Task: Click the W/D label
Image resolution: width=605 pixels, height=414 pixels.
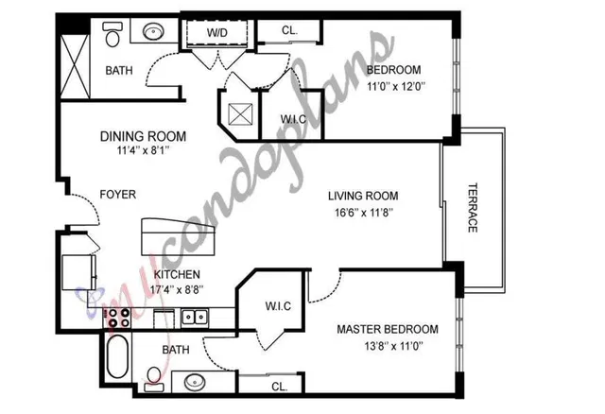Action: point(217,32)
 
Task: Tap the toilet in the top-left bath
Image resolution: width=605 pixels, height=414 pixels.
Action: point(112,34)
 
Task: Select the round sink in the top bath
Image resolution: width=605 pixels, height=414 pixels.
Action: point(153,31)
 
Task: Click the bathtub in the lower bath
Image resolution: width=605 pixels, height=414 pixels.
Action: point(117,356)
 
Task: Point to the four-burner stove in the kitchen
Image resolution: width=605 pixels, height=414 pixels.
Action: point(118,318)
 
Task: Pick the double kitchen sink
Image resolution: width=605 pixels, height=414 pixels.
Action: point(195,318)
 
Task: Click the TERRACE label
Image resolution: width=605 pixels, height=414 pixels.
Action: point(473,208)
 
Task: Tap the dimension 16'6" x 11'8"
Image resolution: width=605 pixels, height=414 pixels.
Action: point(363,213)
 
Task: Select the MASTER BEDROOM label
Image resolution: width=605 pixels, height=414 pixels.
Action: point(388,329)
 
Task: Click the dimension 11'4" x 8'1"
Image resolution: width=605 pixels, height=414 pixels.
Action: point(143,150)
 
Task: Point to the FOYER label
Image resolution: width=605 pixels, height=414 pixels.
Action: point(117,194)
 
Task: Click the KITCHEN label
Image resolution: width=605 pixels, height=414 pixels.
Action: point(177,274)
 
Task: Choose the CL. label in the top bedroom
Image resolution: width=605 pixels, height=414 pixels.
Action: point(290,30)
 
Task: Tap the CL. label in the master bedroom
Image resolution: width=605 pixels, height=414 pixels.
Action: point(280,387)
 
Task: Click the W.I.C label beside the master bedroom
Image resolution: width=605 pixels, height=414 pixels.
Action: point(278,306)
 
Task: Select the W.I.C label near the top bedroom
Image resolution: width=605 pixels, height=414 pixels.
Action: point(293,119)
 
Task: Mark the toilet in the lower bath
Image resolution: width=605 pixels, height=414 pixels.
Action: point(154,379)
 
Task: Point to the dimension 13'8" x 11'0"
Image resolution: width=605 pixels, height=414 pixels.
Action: point(393,346)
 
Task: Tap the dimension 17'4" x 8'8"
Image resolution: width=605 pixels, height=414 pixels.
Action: point(177,289)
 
